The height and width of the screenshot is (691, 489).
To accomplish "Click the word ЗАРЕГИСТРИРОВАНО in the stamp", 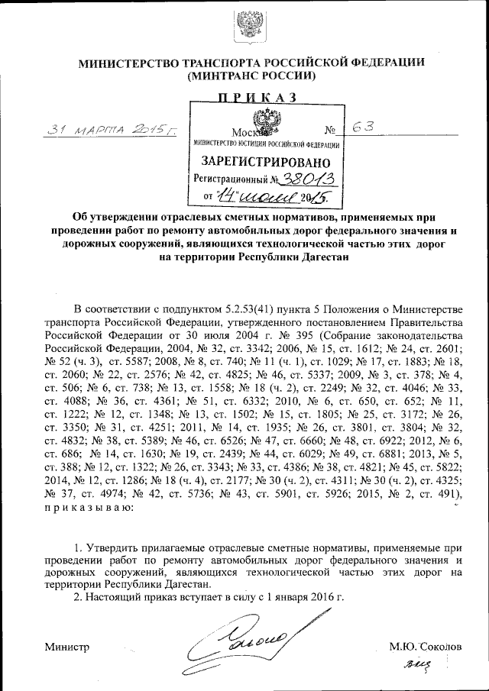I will pyautogui.click(x=266, y=162).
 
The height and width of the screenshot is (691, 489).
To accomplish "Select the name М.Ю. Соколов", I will pyautogui.click(x=425, y=646).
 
